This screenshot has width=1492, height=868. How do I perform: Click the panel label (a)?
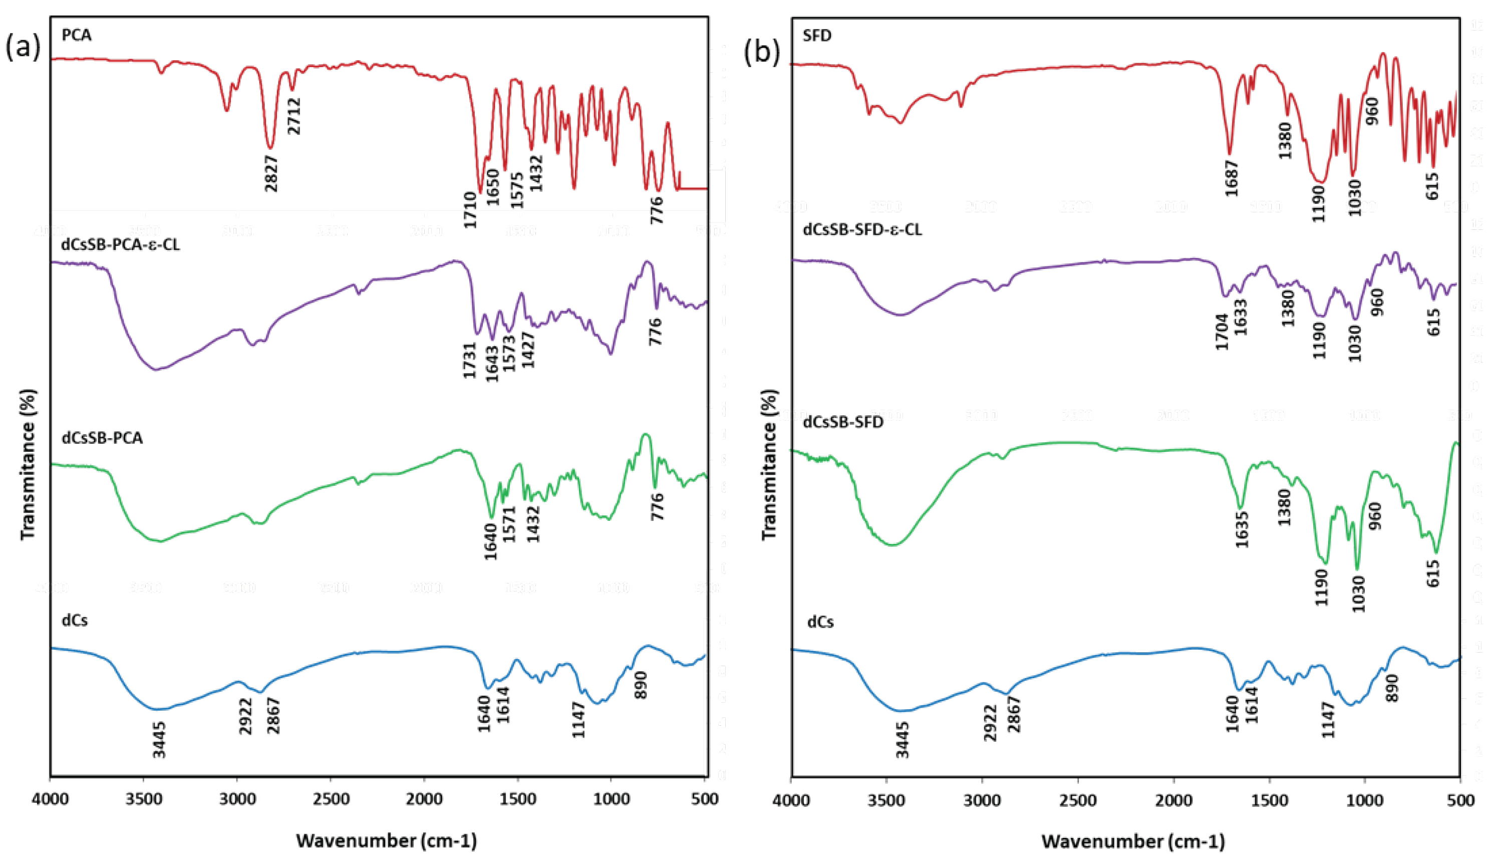tap(23, 48)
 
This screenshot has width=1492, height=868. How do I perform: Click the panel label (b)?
tap(761, 51)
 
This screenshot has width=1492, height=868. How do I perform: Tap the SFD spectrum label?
tap(817, 36)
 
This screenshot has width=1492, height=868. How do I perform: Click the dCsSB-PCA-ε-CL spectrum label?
tap(120, 244)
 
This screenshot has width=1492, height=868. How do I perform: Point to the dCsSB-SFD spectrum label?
tap(843, 422)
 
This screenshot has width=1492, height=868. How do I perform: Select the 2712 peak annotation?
tap(294, 116)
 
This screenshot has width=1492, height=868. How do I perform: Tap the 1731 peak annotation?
tap(470, 360)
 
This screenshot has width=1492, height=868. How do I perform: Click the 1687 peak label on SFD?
tap(1232, 178)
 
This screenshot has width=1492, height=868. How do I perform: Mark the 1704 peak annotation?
tap(1223, 332)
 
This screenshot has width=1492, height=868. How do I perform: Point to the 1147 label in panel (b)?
tap(1329, 720)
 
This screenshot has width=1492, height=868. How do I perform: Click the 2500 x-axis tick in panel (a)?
tap(331, 799)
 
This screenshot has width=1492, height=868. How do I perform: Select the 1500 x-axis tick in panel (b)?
tap(1270, 800)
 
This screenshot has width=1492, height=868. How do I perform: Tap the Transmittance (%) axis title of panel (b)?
tap(768, 464)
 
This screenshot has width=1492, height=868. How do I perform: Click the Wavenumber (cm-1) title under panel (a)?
tap(386, 841)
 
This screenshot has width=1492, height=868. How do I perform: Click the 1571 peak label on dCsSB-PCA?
tap(510, 524)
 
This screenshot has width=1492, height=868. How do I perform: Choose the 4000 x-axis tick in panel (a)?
tap(51, 799)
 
